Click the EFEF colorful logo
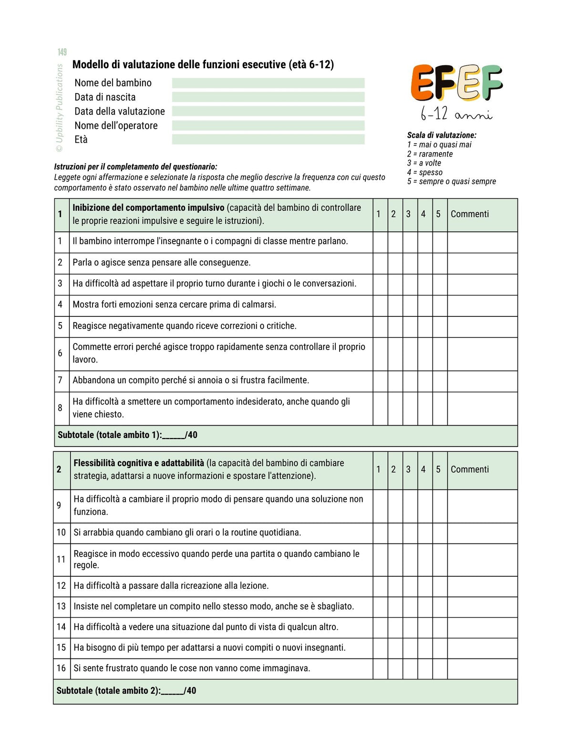[456, 83]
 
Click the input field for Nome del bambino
[268, 83]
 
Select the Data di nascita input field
[268, 97]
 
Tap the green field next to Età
[268, 139]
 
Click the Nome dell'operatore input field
[268, 125]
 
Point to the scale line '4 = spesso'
[425, 172]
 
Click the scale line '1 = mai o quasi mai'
[439, 145]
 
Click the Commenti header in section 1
[470, 214]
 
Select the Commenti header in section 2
[470, 469]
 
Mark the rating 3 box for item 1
[410, 242]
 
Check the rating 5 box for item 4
[440, 306]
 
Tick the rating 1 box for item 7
[380, 382]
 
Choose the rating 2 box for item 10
[395, 533]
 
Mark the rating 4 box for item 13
[425, 607]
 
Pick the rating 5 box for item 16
[440, 669]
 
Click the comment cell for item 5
[482, 327]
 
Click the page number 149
[62, 52]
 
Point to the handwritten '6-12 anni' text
[456, 114]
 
